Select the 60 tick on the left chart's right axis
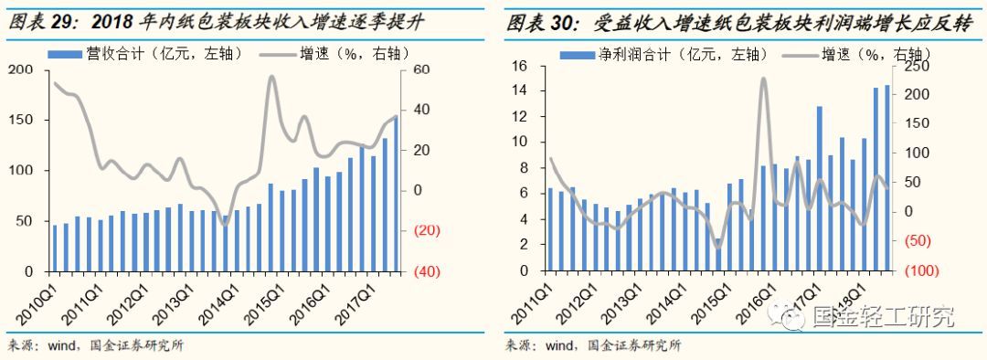click(423, 70)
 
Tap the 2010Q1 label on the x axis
click(35, 299)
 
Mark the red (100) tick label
click(920, 271)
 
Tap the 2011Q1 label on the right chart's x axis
click(533, 299)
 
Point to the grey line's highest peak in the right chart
click(763, 79)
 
